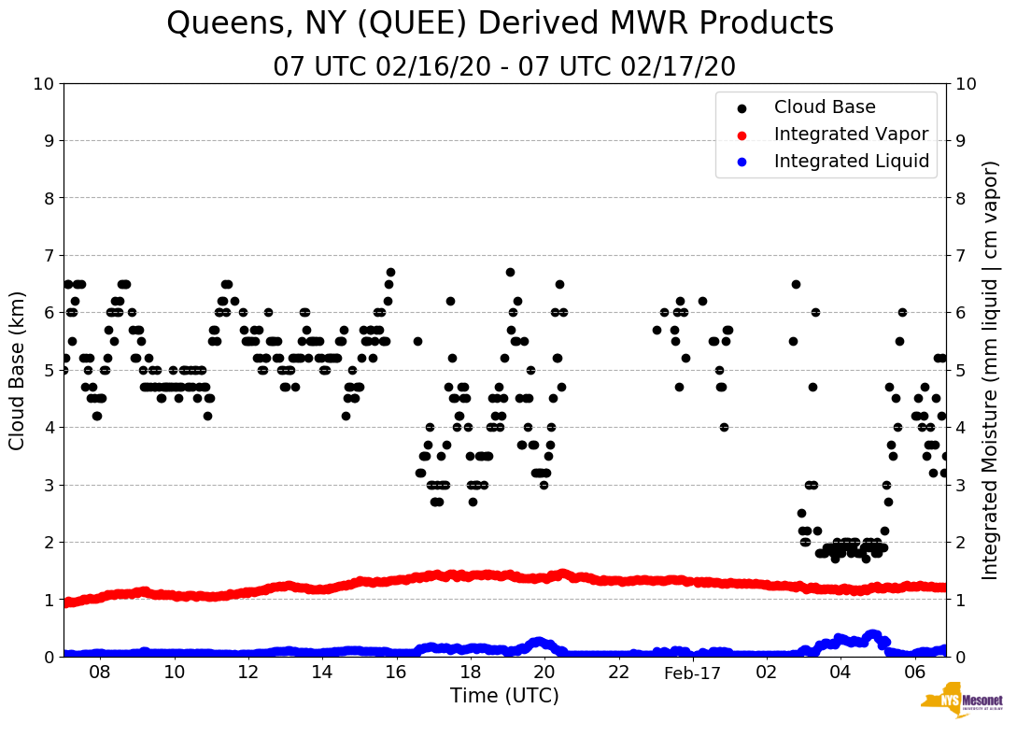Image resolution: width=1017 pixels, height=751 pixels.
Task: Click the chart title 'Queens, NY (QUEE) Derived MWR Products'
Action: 500,24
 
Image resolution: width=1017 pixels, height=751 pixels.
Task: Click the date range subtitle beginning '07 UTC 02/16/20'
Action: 504,67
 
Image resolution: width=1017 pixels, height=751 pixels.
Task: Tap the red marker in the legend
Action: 742,135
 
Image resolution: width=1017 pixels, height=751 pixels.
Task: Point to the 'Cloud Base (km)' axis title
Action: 18,369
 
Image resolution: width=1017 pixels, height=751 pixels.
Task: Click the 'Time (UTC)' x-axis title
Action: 504,696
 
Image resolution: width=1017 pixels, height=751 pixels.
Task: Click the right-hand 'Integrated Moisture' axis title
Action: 991,369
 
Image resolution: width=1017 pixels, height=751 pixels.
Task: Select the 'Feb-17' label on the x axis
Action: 692,673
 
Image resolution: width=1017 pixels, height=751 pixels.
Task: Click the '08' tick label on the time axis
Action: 100,673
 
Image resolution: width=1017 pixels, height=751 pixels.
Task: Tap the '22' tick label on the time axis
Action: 618,673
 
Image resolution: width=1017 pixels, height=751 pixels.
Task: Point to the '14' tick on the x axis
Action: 322,673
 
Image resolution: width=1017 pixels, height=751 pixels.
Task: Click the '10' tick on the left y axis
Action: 43,84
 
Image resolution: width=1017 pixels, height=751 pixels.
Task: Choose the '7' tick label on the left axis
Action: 49,256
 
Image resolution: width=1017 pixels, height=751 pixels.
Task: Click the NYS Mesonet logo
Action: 961,703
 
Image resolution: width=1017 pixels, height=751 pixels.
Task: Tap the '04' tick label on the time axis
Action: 840,673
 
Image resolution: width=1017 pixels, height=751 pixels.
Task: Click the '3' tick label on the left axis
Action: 49,485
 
